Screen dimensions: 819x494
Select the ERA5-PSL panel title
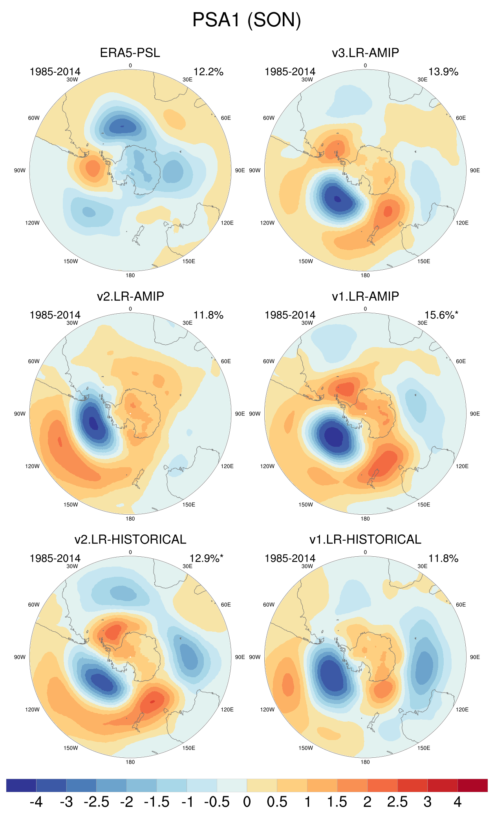click(x=130, y=53)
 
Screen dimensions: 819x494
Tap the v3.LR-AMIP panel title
click(x=365, y=53)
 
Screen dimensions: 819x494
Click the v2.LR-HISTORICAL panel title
click(x=130, y=539)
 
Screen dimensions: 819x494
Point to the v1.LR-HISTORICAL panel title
click(x=365, y=539)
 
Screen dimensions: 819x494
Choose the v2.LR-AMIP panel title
click(x=130, y=296)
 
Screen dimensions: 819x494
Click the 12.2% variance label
click(x=208, y=72)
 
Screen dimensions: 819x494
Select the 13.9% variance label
click(x=443, y=72)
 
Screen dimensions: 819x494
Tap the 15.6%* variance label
click(x=441, y=315)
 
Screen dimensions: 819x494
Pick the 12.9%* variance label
click(x=206, y=558)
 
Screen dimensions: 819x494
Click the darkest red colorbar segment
click(x=472, y=785)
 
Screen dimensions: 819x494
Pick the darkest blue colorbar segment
click(x=21, y=785)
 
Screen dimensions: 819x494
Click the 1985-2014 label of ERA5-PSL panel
click(x=55, y=72)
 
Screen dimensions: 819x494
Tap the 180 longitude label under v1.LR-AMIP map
click(x=365, y=519)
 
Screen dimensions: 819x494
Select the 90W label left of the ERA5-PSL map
click(x=20, y=170)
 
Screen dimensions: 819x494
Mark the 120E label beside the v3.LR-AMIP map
click(x=462, y=223)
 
